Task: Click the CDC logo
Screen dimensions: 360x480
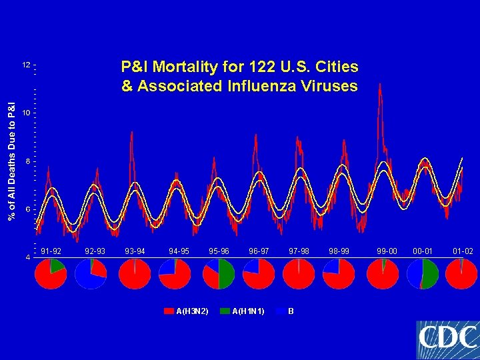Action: point(447,340)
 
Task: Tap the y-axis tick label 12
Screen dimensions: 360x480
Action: point(26,65)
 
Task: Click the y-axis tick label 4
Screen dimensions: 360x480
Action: point(27,257)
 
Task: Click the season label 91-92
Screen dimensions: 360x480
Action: point(51,251)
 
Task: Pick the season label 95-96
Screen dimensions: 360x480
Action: point(219,251)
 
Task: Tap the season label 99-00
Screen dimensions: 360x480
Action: point(387,251)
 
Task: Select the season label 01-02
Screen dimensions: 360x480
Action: point(463,251)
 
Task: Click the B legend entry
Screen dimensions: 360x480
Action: point(287,311)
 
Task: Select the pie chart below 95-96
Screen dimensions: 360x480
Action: point(219,273)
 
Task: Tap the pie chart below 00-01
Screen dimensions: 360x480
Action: point(422,273)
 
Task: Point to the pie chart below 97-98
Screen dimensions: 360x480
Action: point(299,273)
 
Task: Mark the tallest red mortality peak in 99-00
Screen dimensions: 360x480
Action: point(379,85)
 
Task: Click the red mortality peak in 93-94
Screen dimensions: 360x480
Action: point(132,133)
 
